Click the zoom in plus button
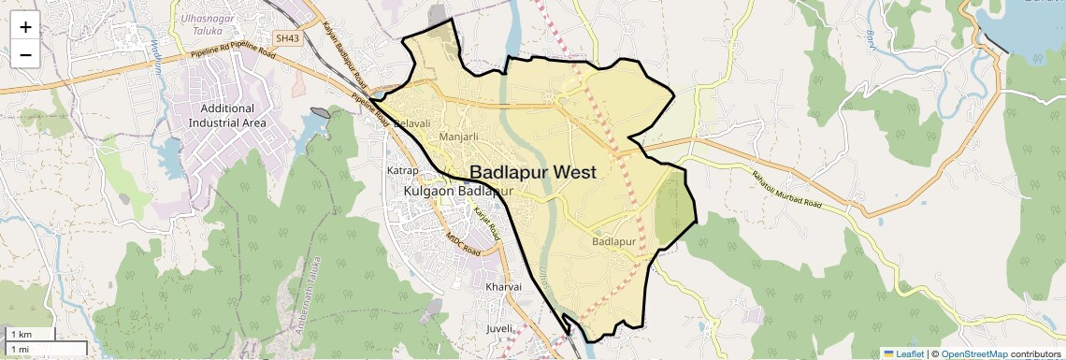pos(25,26)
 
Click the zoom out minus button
pos(25,54)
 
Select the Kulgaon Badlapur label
pos(459,191)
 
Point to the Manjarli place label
pos(458,137)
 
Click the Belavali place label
pos(412,123)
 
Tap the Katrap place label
pos(402,170)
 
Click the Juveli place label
pos(500,328)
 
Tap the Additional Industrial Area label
pos(227,115)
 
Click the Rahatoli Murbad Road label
pos(786,190)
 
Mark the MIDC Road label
pos(463,244)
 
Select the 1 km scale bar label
pos(21,334)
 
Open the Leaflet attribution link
pos(903,353)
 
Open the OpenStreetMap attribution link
pos(973,353)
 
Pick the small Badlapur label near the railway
pos(614,242)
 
